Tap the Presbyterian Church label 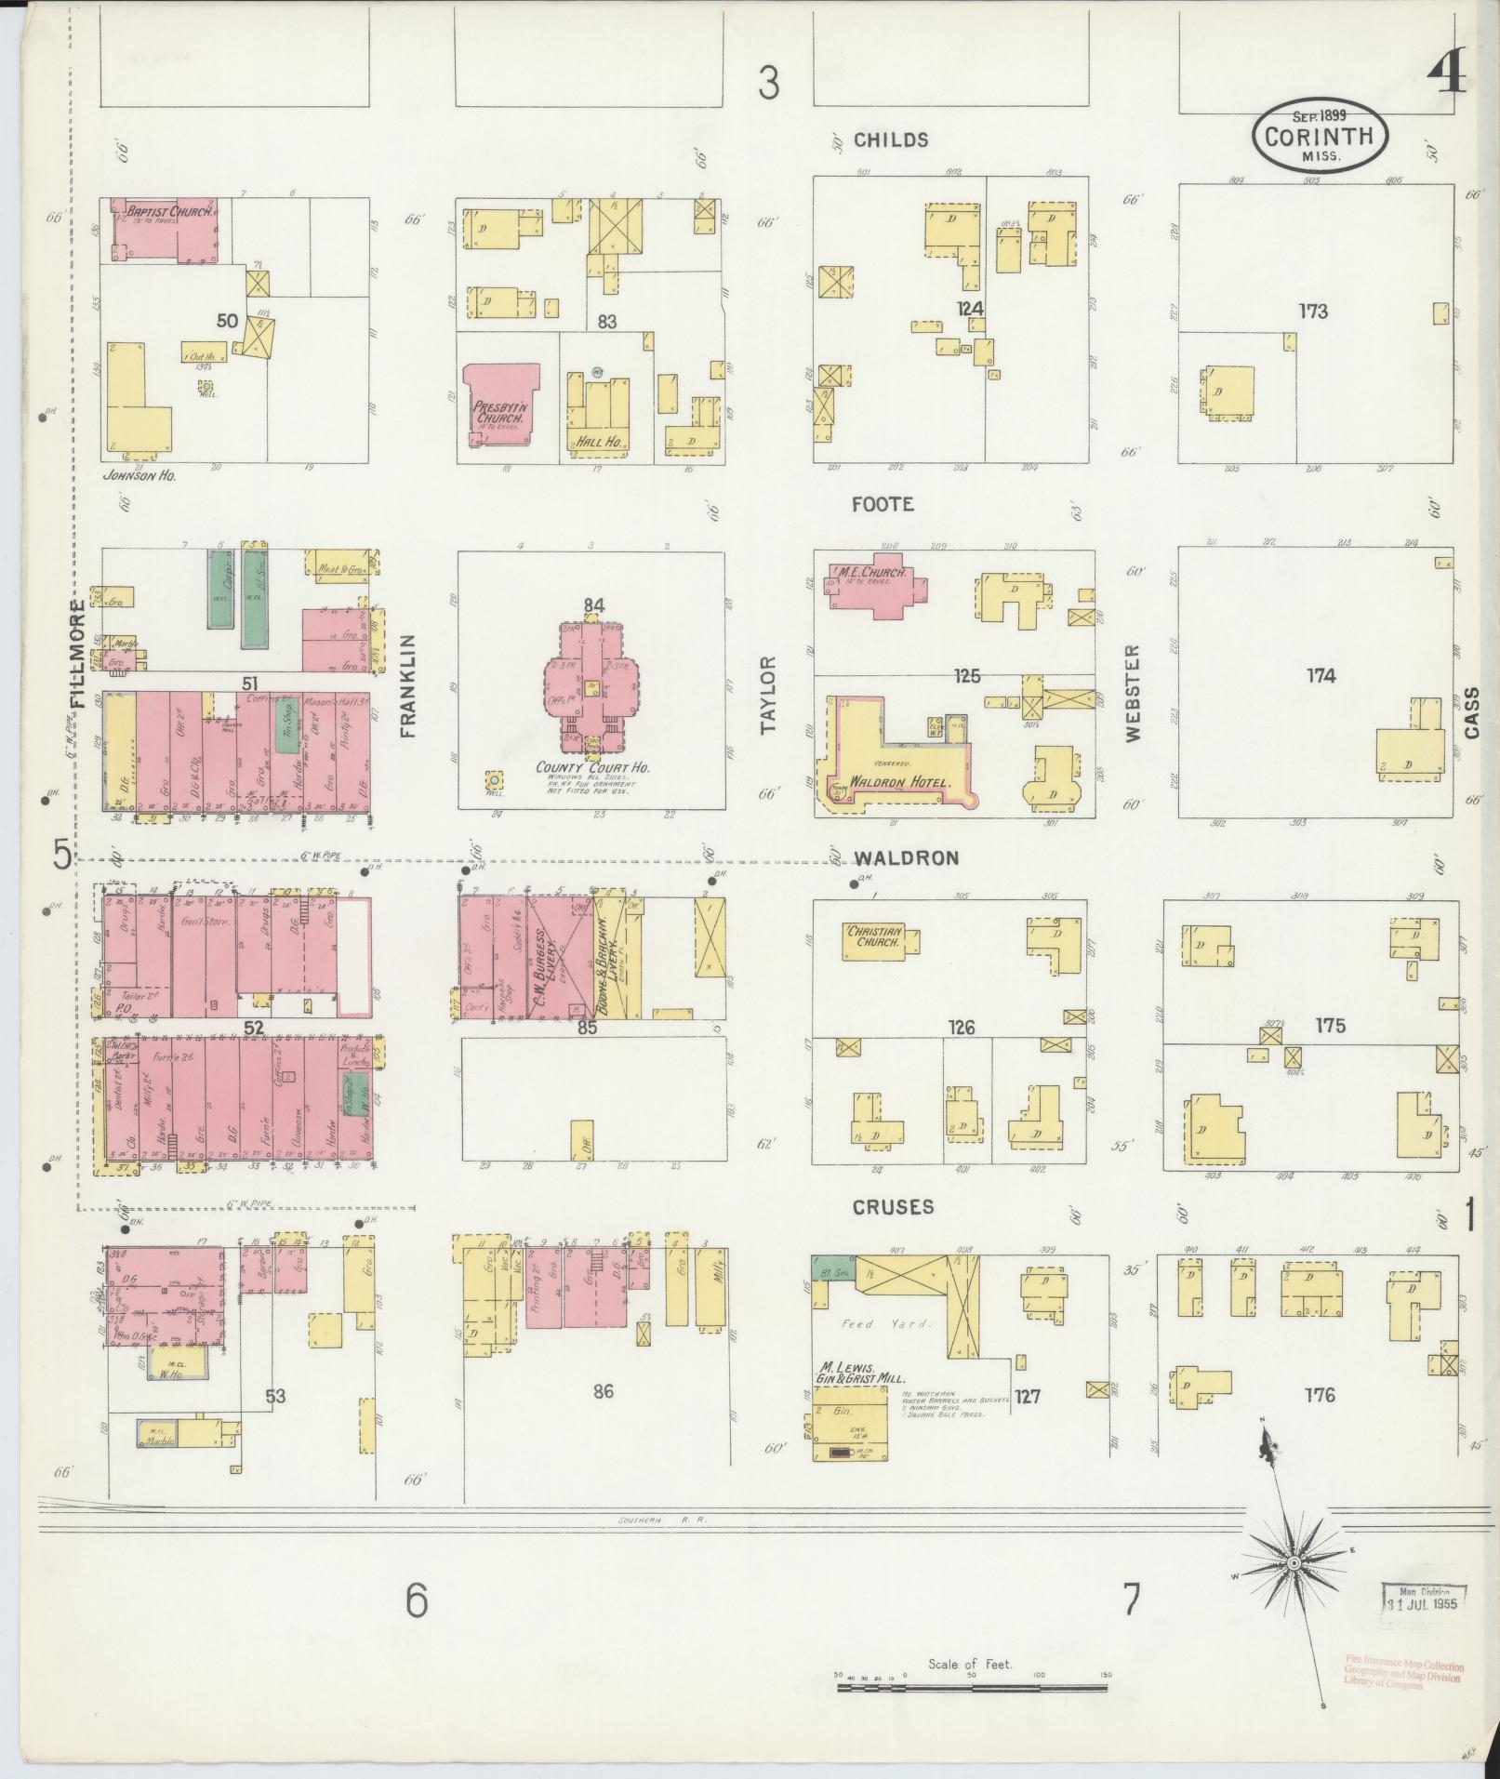[499, 413]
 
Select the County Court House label [591, 768]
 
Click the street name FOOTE [883, 505]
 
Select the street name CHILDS [890, 140]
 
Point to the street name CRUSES [893, 1207]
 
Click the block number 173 [1313, 312]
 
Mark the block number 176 [1319, 1395]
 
